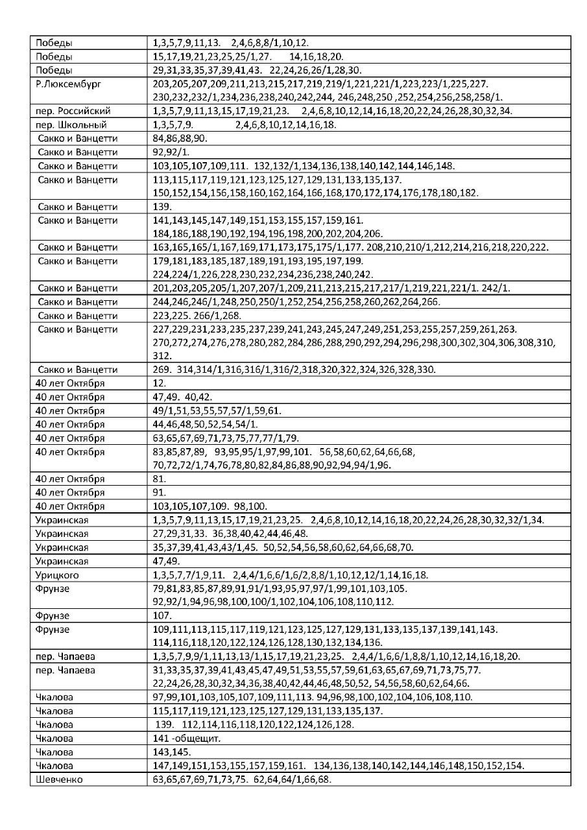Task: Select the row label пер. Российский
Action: (73, 111)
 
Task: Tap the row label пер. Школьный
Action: (71, 124)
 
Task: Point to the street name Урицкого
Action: (57, 575)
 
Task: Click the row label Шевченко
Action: (59, 779)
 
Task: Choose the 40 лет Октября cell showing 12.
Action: (159, 383)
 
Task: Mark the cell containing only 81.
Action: (159, 479)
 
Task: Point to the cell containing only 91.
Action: (159, 492)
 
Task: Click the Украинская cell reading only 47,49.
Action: (165, 561)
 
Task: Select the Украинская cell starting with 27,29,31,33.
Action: (230, 533)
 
